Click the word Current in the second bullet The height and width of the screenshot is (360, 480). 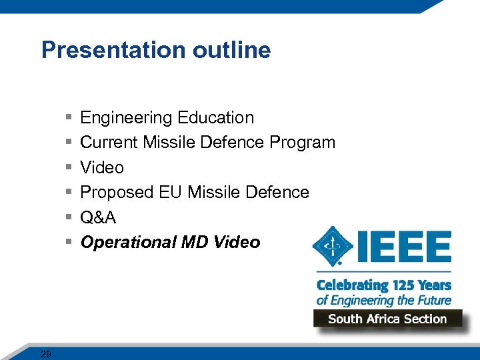109,143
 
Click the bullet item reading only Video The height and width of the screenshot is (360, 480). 102,167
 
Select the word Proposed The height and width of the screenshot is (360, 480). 117,193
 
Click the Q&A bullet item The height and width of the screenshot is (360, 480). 98,217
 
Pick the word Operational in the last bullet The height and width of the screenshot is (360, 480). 128,243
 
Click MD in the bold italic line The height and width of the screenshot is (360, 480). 195,243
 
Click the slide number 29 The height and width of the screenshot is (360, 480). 45,354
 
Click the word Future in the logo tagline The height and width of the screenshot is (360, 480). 433,300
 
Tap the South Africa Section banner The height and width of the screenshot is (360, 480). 387,319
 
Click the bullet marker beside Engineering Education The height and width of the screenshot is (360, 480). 69,118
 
